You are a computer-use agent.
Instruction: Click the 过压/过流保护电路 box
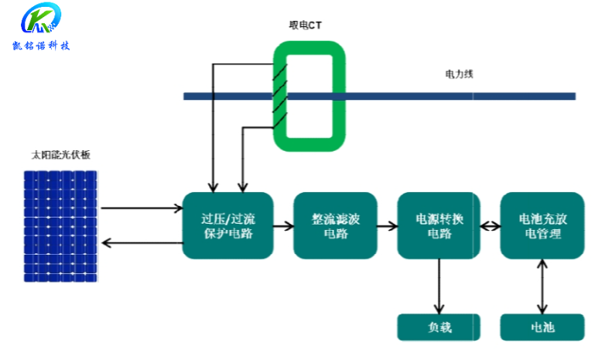[227, 225]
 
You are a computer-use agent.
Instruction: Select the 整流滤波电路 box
[335, 225]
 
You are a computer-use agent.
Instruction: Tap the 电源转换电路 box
[439, 225]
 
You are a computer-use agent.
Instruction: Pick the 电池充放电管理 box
[541, 225]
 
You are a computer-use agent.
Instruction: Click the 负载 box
[439, 327]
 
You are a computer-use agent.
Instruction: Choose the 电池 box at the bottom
[541, 327]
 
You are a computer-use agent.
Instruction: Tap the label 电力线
[459, 74]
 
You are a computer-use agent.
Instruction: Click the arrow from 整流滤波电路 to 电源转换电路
[387, 226]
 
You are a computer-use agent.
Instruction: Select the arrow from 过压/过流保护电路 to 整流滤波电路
[283, 226]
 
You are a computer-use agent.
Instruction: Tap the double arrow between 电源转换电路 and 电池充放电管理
[490, 226]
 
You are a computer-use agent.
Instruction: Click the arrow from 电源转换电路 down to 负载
[439, 286]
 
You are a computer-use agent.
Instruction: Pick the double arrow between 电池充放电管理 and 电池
[541, 286]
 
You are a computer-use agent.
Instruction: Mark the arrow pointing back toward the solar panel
[141, 243]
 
